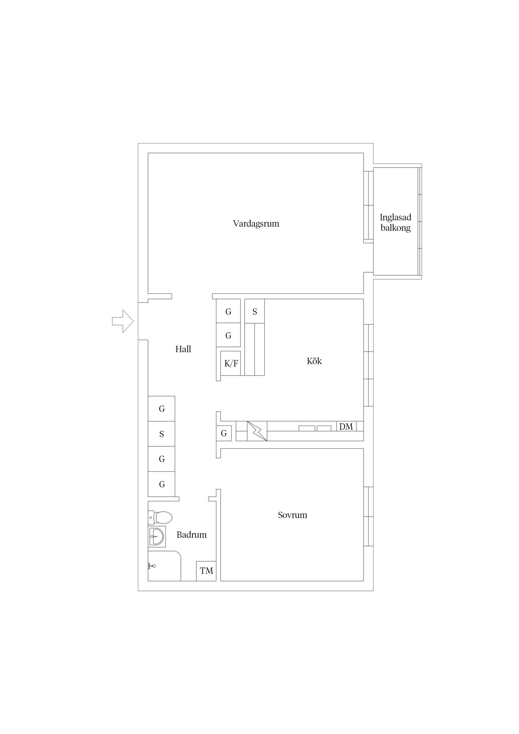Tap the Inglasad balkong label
click(x=395, y=222)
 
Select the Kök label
click(x=314, y=361)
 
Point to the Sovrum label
click(x=292, y=515)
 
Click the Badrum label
click(x=192, y=535)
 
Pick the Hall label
click(x=183, y=349)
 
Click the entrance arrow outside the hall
click(x=122, y=321)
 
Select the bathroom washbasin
click(x=157, y=536)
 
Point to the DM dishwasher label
click(x=346, y=426)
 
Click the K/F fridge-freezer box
click(x=231, y=363)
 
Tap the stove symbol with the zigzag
click(x=257, y=431)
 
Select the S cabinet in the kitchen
click(x=255, y=311)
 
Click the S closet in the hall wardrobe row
click(x=161, y=434)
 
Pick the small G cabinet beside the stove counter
click(x=224, y=433)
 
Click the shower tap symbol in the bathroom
click(x=152, y=566)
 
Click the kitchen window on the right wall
click(x=368, y=365)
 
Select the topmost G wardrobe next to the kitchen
click(x=228, y=311)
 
